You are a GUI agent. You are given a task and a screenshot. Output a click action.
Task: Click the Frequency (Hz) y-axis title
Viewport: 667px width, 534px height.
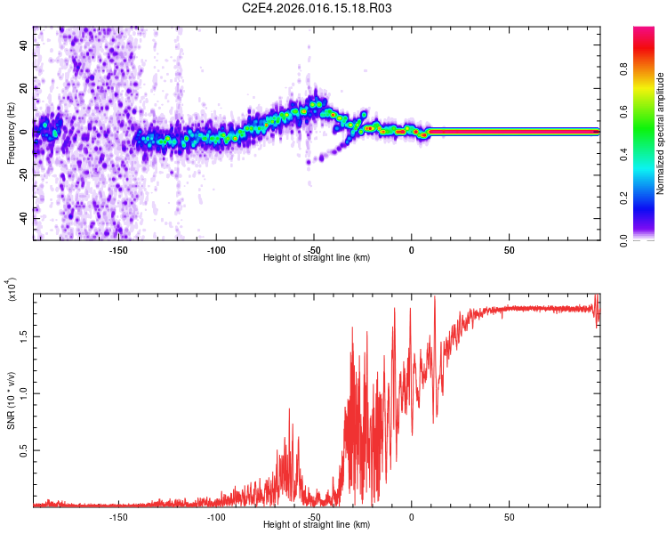(x=11, y=133)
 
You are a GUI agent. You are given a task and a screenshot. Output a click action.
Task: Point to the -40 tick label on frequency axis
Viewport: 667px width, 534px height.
(x=22, y=219)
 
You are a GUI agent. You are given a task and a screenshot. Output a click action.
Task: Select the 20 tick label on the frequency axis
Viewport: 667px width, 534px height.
(x=24, y=88)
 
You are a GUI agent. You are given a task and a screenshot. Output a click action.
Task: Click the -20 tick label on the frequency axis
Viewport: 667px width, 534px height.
(x=22, y=175)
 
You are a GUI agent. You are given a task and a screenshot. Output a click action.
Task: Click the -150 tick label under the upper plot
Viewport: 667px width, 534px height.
(x=117, y=250)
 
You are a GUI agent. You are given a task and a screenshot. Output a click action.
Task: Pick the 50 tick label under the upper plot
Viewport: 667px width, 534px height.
(x=509, y=250)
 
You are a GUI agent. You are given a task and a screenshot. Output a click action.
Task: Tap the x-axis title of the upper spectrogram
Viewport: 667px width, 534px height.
(x=317, y=258)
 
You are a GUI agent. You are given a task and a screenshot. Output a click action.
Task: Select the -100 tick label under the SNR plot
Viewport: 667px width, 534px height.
(x=215, y=517)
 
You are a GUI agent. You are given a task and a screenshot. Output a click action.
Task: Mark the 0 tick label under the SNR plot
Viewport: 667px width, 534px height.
(x=412, y=517)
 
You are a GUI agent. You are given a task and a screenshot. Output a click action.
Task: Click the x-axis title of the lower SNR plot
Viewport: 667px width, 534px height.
(x=317, y=525)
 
